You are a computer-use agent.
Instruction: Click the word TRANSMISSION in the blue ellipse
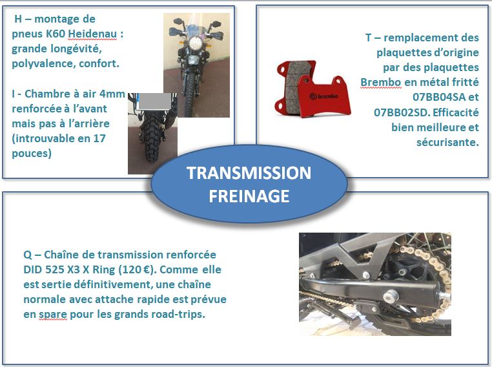click(249, 173)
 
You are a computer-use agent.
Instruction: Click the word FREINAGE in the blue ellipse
click(249, 196)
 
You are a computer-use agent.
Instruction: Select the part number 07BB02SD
click(401, 112)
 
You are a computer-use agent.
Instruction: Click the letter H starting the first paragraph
click(17, 19)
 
